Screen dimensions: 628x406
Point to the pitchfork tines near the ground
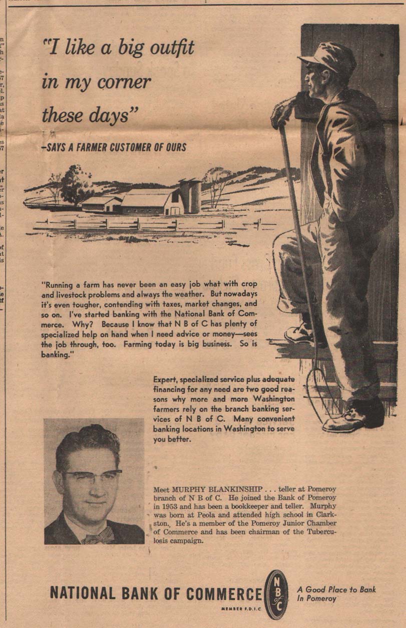coord(320,387)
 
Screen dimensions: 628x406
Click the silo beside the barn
coord(191,195)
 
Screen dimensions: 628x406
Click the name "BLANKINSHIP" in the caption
coord(229,488)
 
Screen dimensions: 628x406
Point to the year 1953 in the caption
coord(171,506)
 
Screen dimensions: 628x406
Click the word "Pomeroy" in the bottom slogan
coord(322,598)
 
